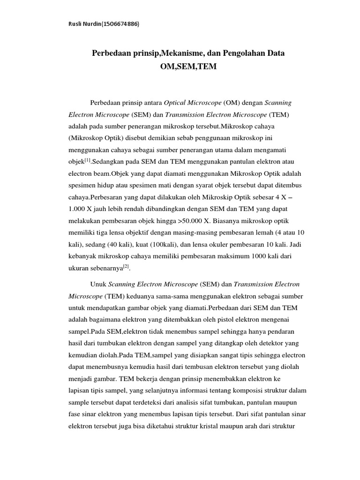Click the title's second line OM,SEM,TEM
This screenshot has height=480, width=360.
(188, 67)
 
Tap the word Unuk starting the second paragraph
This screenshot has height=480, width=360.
(97, 285)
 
